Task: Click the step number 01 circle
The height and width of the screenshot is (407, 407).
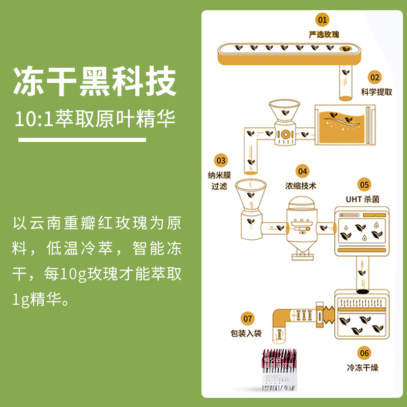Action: (x=322, y=20)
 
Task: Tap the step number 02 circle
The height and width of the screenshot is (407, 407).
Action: (x=374, y=77)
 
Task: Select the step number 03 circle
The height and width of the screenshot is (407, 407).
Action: (x=221, y=160)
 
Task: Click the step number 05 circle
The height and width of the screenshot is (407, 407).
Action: (x=364, y=184)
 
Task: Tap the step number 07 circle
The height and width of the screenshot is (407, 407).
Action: (x=248, y=319)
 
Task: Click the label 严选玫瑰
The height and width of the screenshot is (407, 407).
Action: (x=324, y=35)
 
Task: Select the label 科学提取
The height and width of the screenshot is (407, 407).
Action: (x=376, y=92)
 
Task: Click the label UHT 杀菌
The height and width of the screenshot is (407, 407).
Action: (x=362, y=199)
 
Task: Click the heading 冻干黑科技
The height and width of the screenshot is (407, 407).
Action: (x=95, y=81)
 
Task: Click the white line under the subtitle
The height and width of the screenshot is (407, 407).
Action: (x=82, y=139)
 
